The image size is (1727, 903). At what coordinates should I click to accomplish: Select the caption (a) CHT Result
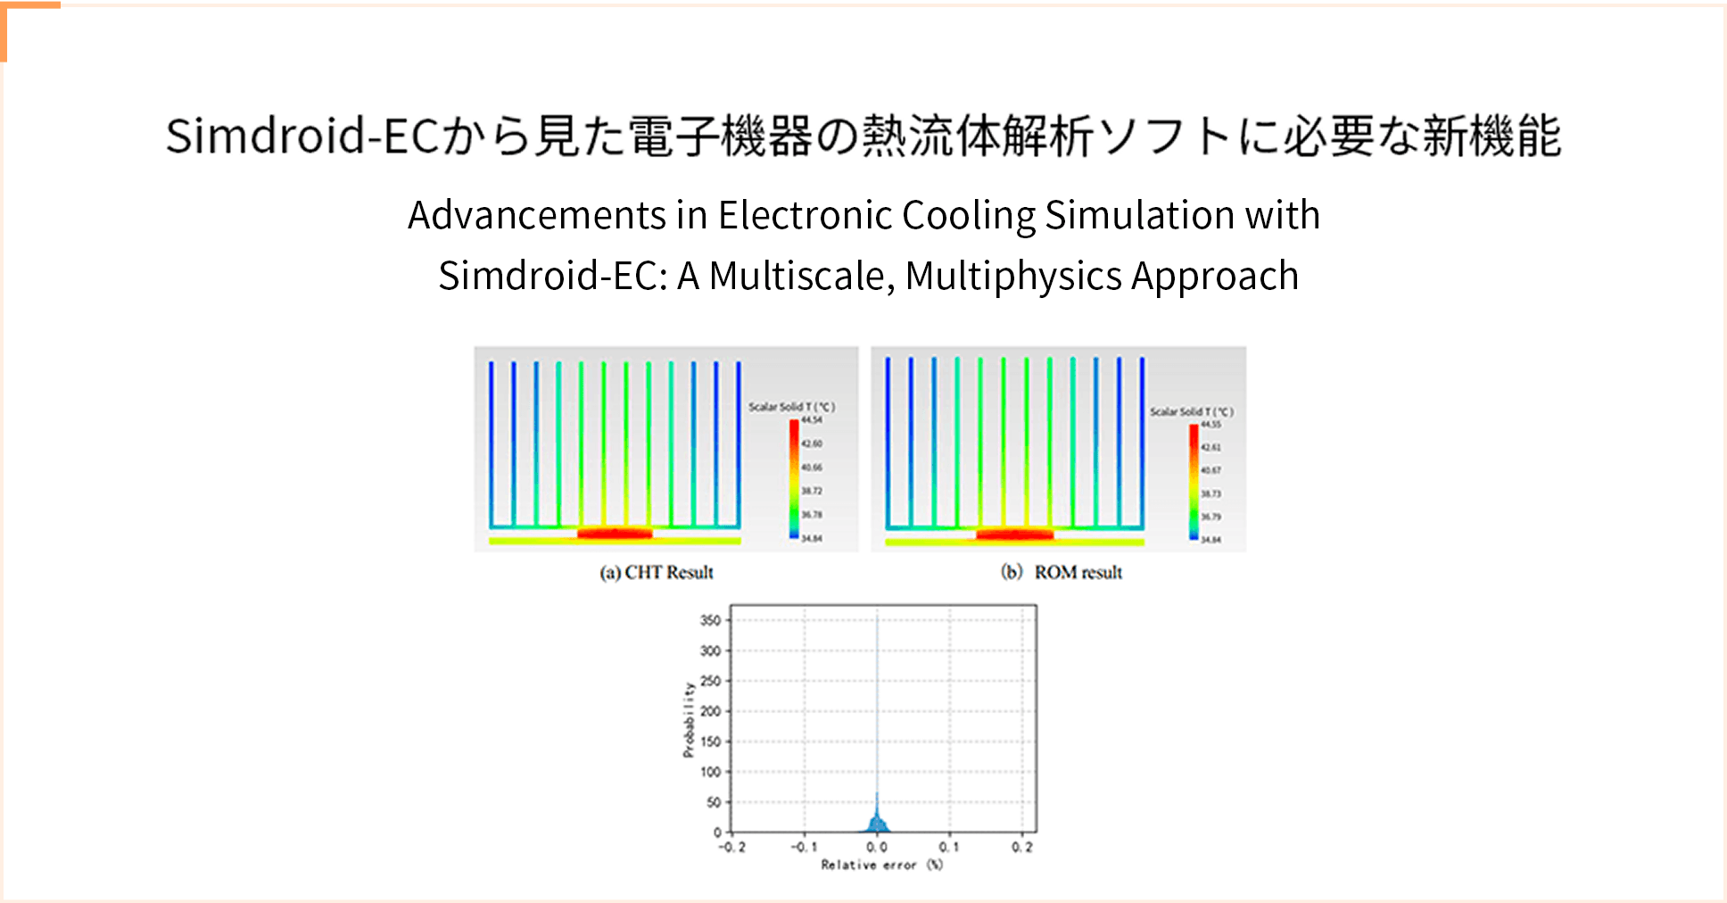(x=657, y=573)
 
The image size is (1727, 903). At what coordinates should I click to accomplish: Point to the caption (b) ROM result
(x=1062, y=573)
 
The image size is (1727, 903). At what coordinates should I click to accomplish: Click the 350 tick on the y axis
(x=710, y=620)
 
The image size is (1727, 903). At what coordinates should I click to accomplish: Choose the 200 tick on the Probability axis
(x=710, y=711)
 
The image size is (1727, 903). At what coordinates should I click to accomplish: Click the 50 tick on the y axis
(x=714, y=802)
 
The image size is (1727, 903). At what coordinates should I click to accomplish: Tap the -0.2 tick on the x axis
(x=731, y=847)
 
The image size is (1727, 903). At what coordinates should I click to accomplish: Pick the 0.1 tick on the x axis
(x=949, y=847)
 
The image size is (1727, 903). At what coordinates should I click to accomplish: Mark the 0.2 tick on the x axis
(x=1022, y=847)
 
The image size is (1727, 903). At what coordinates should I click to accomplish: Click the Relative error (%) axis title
(x=881, y=865)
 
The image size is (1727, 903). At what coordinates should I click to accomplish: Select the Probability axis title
(x=689, y=719)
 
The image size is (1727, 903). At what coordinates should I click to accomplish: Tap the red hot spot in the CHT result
(x=615, y=534)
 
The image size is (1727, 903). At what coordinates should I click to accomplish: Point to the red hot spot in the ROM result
(x=1015, y=534)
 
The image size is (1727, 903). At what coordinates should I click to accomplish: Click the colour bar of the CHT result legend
(x=794, y=479)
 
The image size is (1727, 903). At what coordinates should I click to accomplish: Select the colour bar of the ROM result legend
(x=1194, y=482)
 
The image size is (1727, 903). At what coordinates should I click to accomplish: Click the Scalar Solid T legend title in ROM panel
(x=1191, y=411)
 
